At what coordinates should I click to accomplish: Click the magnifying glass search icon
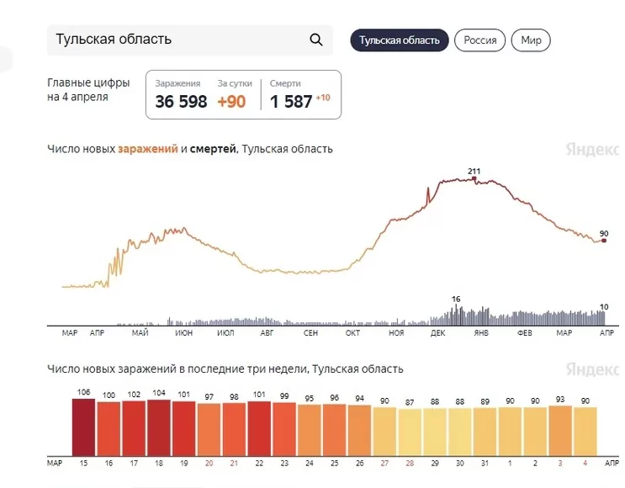pos(316,40)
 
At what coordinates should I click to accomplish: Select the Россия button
pos(480,40)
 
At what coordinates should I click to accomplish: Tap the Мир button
pos(531,40)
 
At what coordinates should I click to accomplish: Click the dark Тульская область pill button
pos(400,40)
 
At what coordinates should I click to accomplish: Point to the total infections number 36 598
pos(181,102)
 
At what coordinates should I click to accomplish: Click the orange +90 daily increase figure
pos(231,102)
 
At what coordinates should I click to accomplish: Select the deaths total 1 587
pos(291,102)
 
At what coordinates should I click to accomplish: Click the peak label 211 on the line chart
pos(474,171)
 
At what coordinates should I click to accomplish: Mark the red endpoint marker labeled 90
pos(604,241)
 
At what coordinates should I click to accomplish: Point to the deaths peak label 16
pos(456,299)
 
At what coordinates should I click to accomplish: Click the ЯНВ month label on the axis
pos(481,333)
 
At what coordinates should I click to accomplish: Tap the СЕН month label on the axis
pos(310,333)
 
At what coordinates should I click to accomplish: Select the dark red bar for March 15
pos(84,427)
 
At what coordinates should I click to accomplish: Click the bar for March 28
pos(410,432)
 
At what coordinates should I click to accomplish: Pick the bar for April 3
pos(560,431)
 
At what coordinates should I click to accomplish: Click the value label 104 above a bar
pos(159,393)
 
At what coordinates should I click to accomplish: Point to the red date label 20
pos(209,464)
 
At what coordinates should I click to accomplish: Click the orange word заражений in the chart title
pos(148,149)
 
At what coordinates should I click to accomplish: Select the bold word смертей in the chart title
pos(213,149)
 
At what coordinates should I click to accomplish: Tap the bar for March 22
pos(259,429)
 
